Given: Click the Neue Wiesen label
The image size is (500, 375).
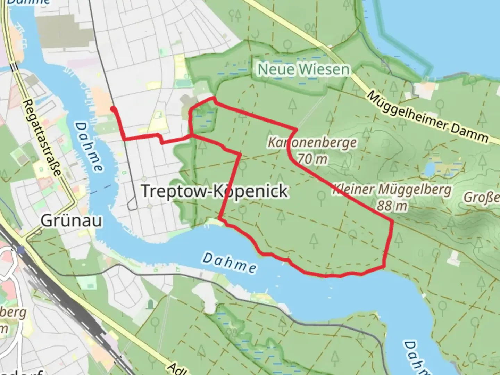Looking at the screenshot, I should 303,69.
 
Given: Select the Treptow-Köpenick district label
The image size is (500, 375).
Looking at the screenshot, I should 215,191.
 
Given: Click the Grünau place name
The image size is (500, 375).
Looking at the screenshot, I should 72,220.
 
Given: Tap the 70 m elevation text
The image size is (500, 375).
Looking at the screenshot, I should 312,159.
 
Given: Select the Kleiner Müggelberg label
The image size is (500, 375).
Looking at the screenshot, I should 392,190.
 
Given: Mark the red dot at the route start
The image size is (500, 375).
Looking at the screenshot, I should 113,109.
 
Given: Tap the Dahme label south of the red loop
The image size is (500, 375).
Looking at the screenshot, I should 230,262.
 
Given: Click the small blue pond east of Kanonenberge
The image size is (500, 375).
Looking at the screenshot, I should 430,169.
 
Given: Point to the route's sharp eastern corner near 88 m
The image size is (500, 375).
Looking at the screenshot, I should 392,221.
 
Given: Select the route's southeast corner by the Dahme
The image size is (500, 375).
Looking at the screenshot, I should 384,266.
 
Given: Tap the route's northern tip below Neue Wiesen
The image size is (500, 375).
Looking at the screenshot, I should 214,99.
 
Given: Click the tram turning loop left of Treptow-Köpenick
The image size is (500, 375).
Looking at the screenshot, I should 132,206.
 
